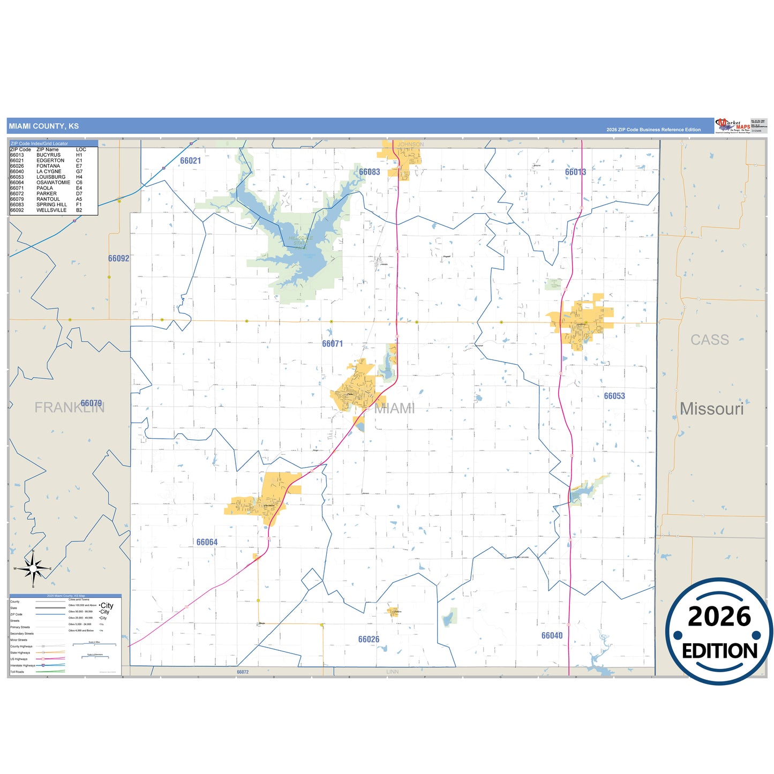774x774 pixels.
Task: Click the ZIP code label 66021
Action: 190,161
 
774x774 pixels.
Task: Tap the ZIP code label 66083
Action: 369,172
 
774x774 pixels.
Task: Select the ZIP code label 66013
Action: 575,172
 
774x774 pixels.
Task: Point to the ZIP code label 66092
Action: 118,258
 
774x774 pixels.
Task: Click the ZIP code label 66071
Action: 332,344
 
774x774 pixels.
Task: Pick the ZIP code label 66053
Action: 614,396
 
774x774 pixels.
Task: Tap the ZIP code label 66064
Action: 207,542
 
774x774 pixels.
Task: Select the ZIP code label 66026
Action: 369,639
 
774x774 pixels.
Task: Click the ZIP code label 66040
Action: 552,635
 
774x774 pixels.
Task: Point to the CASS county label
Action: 709,340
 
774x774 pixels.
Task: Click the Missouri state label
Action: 711,409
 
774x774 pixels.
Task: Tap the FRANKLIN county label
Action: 69,408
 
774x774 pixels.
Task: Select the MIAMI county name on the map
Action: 394,408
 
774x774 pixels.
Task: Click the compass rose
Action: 33,568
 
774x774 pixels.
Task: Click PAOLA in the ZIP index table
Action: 45,188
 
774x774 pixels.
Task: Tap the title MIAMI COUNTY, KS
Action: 43,126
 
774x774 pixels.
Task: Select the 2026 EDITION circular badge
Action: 719,631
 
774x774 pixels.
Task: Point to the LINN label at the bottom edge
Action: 392,672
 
